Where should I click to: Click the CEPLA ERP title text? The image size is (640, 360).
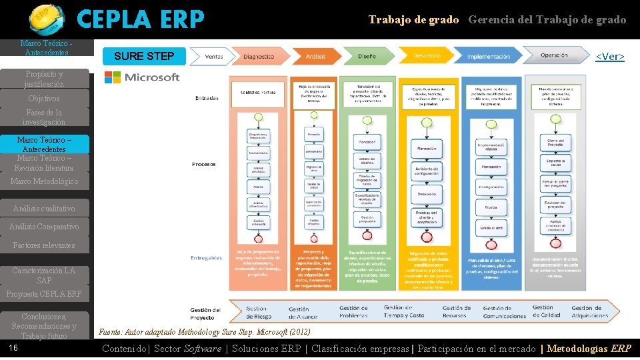(140, 20)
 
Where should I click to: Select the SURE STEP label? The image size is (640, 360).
(144, 56)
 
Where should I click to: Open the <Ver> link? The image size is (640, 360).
(609, 57)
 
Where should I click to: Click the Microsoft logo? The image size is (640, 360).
(142, 77)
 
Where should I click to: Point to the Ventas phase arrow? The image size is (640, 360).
(214, 57)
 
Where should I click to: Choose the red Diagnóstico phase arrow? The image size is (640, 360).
(259, 57)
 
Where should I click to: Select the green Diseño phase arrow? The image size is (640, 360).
(367, 57)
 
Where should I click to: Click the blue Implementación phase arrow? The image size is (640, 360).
(489, 57)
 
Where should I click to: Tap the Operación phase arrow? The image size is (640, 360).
(554, 55)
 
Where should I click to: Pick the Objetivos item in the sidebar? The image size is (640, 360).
(44, 99)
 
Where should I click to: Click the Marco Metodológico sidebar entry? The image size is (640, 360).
(44, 181)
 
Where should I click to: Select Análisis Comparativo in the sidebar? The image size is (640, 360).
(44, 227)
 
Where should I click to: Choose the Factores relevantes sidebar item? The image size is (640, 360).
(44, 245)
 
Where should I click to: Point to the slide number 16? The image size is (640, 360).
(13, 348)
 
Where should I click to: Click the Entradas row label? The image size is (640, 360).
(206, 98)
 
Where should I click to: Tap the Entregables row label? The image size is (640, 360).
(206, 257)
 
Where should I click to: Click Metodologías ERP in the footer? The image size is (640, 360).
(589, 349)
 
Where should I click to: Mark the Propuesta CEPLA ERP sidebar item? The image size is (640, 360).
(44, 294)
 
